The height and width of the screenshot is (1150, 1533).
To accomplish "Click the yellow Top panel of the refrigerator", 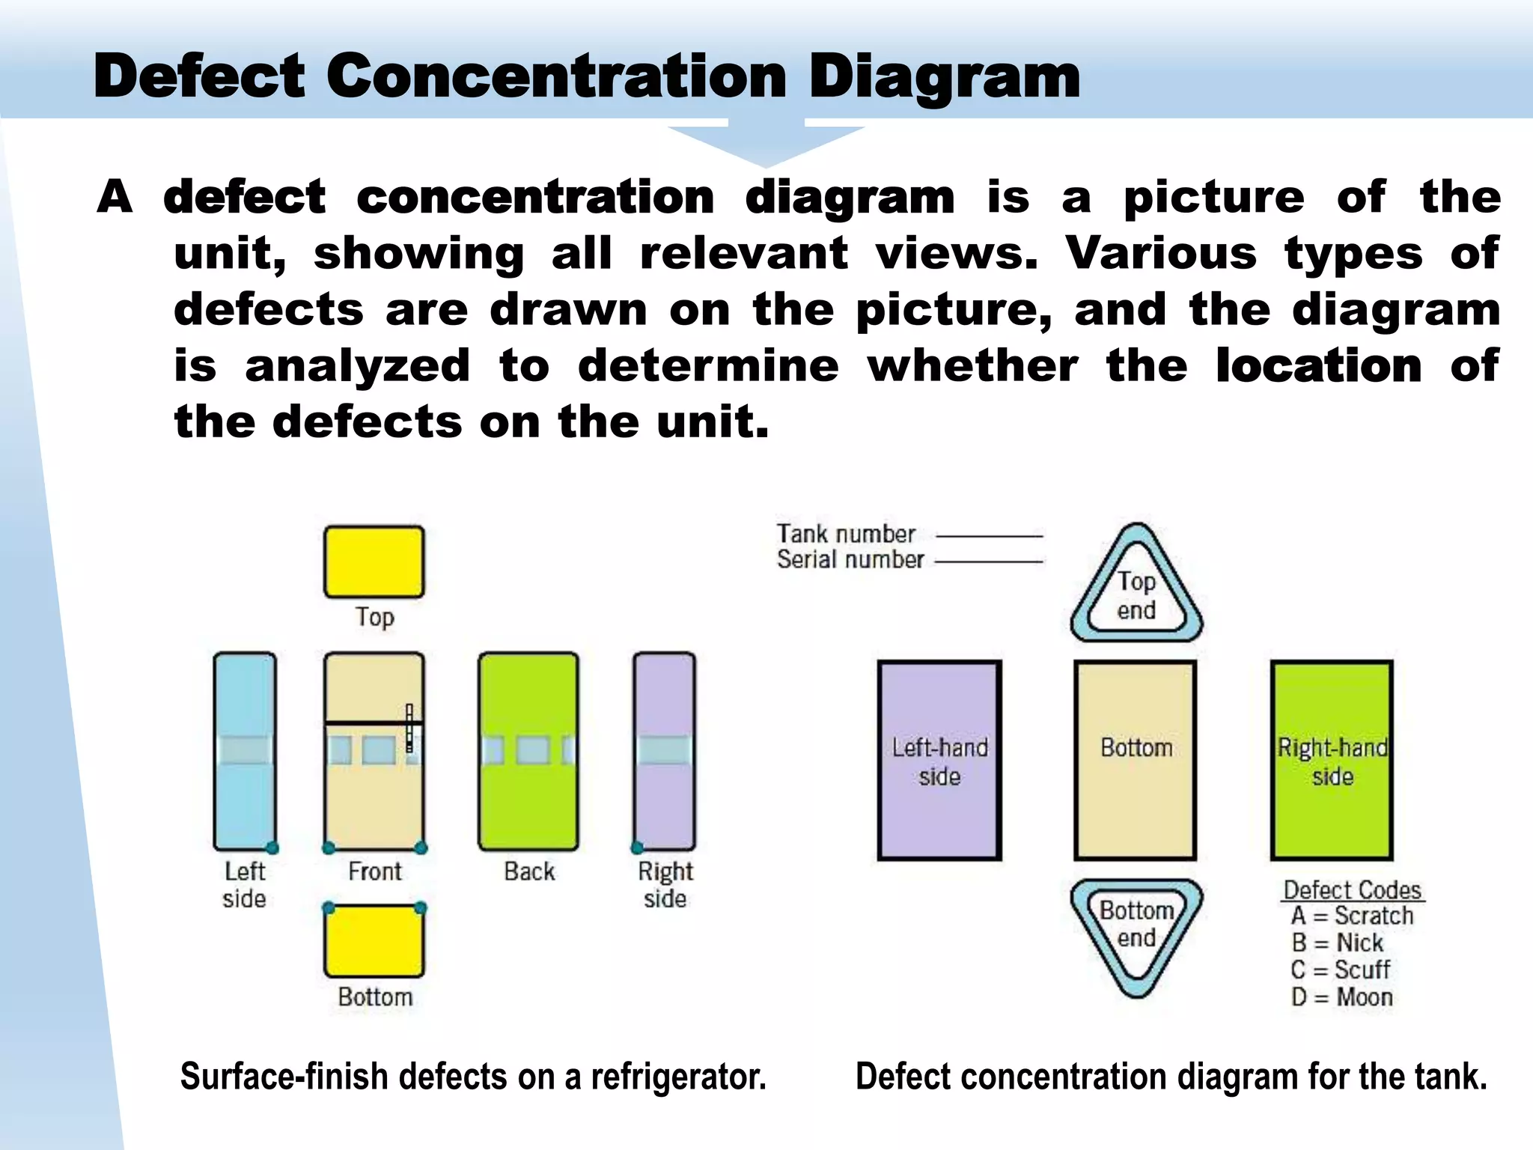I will [x=374, y=562].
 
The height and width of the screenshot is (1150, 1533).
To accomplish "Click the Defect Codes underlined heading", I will [x=1352, y=890].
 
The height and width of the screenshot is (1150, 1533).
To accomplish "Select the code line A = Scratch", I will [x=1352, y=916].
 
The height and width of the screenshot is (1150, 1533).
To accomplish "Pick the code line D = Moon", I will [x=1341, y=997].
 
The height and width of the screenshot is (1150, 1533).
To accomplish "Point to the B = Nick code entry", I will [x=1337, y=943].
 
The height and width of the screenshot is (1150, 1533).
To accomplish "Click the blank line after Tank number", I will [x=989, y=536].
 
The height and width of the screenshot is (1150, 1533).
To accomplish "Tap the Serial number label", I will [x=850, y=560].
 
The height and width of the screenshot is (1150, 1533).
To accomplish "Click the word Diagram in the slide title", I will [x=944, y=76].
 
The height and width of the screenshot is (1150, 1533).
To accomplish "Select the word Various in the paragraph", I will [x=1161, y=254].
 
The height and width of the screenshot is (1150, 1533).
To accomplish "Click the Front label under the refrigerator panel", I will [x=374, y=871].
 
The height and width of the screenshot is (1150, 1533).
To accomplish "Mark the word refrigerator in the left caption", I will [x=678, y=1077].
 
